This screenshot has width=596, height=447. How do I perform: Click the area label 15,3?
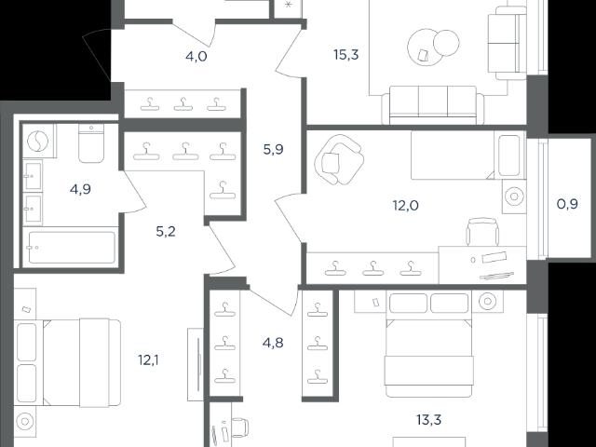coord(345,55)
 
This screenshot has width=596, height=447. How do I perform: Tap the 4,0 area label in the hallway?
coord(196,57)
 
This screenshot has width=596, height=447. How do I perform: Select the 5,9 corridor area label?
coord(273,149)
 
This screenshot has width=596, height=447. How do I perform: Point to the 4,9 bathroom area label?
coord(80,189)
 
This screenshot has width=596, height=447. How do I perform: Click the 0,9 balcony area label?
coord(567,204)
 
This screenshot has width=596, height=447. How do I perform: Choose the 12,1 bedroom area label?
coord(148,359)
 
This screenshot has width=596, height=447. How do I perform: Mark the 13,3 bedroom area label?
coord(428,420)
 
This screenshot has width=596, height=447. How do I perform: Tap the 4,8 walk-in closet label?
coord(273,343)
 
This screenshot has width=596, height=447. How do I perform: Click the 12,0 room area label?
coord(406,206)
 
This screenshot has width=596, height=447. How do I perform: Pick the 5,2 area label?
coord(166,231)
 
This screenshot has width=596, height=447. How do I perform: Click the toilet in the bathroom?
coord(91,143)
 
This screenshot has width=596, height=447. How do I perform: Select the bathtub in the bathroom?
coord(72,247)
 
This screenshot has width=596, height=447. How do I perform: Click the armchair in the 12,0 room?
coord(339,159)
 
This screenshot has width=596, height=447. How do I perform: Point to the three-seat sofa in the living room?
coord(433,105)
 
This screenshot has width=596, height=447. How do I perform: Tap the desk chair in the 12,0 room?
coord(482,232)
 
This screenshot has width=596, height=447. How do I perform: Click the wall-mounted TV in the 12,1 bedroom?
coord(198,364)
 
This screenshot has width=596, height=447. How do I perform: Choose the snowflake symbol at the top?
coord(288,5)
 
